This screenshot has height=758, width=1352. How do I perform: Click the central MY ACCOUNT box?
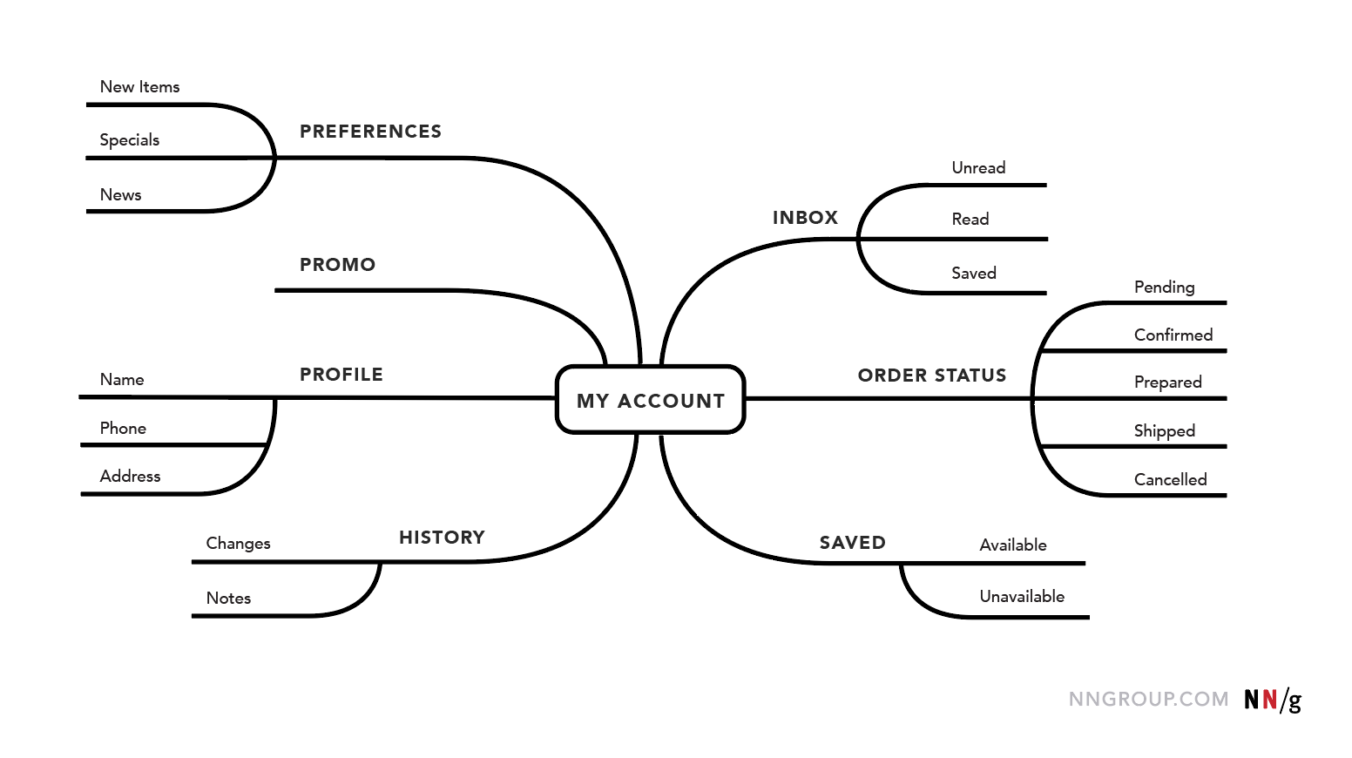(651, 400)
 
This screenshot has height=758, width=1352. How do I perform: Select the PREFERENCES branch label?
(370, 132)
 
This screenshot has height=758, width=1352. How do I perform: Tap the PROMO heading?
(337, 265)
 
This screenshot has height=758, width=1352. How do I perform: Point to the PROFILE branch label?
(341, 375)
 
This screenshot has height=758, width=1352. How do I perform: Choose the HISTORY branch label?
(442, 538)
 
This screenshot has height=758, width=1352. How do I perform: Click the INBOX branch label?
(805, 218)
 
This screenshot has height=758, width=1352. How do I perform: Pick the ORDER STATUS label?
(931, 376)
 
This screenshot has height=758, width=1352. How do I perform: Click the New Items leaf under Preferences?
(139, 87)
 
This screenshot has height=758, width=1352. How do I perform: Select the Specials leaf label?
(130, 140)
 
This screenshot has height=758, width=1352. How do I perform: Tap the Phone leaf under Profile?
(123, 429)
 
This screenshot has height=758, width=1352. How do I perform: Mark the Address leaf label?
(130, 477)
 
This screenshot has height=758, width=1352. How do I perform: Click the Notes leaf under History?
(228, 599)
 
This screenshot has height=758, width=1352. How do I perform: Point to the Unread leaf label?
(978, 168)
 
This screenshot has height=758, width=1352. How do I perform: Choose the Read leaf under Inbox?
(970, 220)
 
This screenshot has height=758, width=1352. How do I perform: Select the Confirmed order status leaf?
(1173, 335)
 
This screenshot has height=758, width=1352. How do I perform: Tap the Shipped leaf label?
(1164, 431)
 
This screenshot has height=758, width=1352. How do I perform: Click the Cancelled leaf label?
(1170, 480)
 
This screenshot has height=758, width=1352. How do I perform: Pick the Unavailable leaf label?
(1022, 597)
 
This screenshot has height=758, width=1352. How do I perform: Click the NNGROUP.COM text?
(1148, 700)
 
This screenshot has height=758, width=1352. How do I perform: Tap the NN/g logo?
(1272, 700)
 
